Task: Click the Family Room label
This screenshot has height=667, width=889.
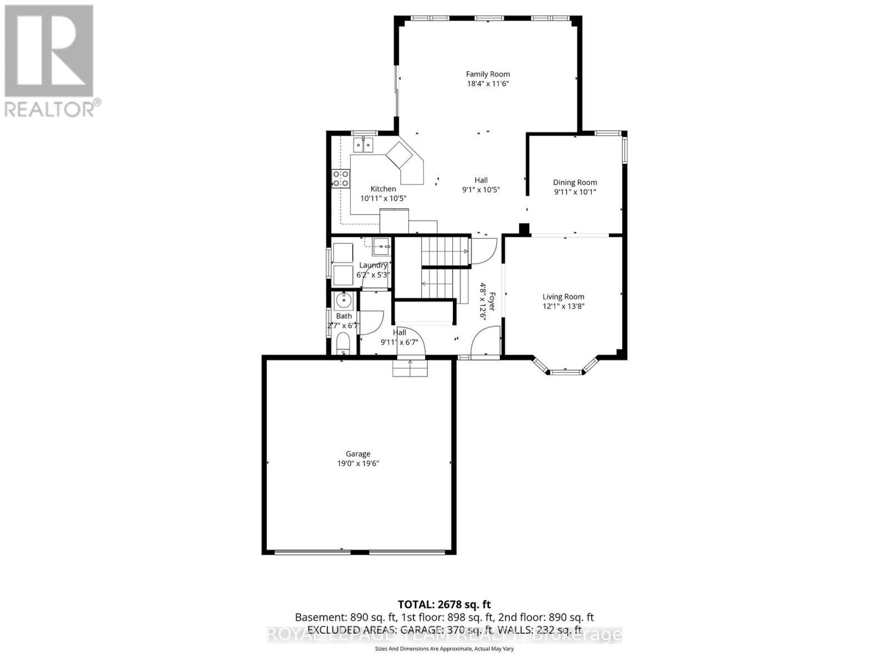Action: tap(487, 74)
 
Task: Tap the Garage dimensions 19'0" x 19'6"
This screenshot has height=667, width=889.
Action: tap(357, 464)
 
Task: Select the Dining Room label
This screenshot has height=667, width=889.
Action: tap(575, 182)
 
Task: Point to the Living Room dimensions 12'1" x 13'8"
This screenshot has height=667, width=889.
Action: tap(563, 306)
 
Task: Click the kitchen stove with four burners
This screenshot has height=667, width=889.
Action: tap(341, 178)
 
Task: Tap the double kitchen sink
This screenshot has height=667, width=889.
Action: tap(364, 146)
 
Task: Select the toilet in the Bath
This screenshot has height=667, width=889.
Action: tap(343, 344)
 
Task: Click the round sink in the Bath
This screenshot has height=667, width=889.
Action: tap(343, 301)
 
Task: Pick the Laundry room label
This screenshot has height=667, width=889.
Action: tap(373, 265)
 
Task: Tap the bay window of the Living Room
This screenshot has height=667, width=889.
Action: tap(566, 369)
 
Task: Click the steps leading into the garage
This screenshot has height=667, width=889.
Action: tap(411, 368)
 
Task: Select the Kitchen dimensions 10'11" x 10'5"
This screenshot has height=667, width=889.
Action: tap(383, 198)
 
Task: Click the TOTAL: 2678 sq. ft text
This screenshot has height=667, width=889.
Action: tap(444, 604)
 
